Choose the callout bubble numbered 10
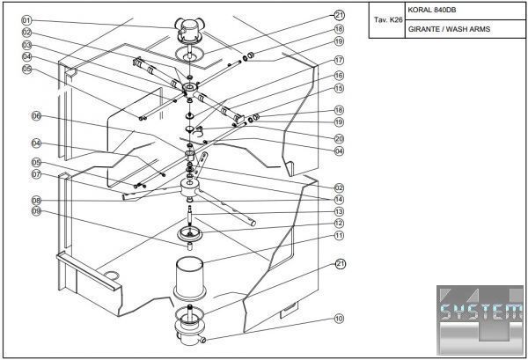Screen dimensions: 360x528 coord(339,319)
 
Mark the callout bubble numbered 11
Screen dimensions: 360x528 coord(339,236)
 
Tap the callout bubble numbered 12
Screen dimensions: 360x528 coord(339,224)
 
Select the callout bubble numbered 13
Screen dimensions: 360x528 coord(339,211)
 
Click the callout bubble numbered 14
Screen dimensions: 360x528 coord(339,199)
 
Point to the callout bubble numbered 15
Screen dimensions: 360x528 coord(339,89)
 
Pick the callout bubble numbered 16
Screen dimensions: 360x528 coord(339,77)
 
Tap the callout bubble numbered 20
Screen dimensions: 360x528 coord(339,138)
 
